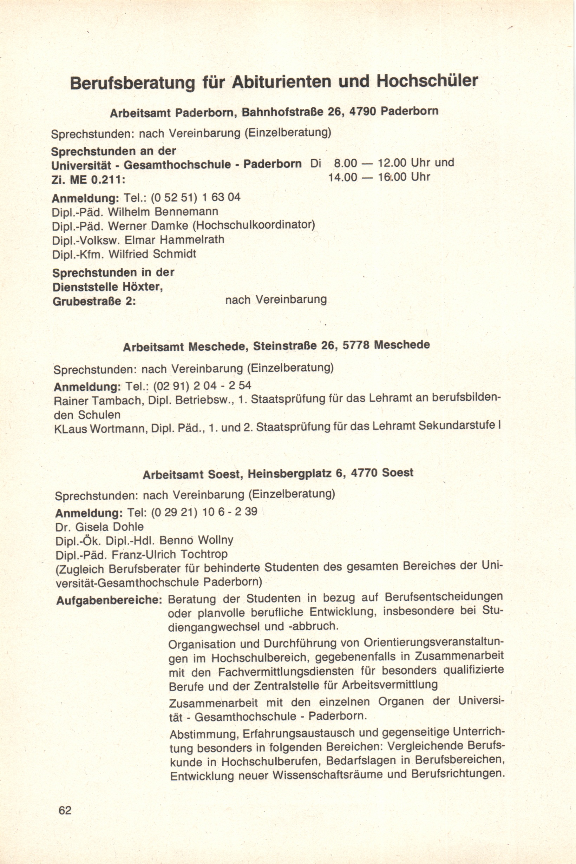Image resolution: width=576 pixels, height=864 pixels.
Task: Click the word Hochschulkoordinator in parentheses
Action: (254, 225)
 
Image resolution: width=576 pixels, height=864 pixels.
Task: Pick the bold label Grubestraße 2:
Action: (94, 302)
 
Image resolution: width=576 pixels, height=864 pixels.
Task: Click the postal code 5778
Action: (355, 345)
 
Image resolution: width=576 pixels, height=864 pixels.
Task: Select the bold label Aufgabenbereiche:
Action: (109, 601)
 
